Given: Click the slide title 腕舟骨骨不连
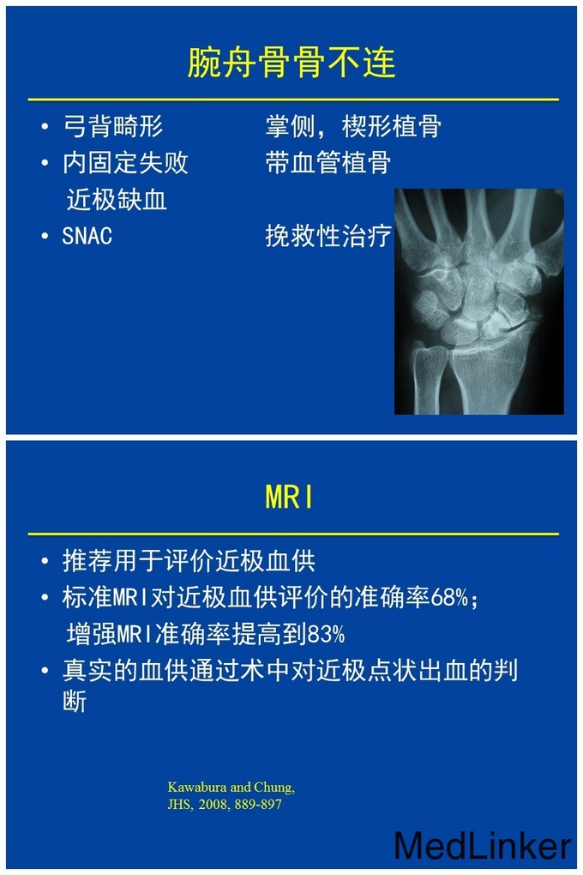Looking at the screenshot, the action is (x=291, y=62).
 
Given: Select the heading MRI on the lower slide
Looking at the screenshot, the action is (x=289, y=496).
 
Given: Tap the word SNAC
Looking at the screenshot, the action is (x=87, y=236).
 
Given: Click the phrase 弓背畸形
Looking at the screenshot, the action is (x=112, y=126).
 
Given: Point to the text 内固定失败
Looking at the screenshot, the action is (x=125, y=162).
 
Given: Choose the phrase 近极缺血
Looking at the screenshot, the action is (x=117, y=199).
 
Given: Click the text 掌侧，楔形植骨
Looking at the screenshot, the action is (x=354, y=126).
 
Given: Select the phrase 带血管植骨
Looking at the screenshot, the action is (x=328, y=162).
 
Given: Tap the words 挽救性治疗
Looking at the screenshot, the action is (x=328, y=236).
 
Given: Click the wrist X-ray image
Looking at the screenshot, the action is (x=478, y=301).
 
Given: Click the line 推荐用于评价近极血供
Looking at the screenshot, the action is (x=189, y=561).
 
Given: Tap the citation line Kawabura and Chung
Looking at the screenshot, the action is (x=231, y=787).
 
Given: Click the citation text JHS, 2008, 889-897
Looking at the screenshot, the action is (x=225, y=804).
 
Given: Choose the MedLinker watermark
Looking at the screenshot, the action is (x=483, y=846).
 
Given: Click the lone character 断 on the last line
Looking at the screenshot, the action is (x=75, y=701).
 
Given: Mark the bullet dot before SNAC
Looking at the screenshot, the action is (x=45, y=236).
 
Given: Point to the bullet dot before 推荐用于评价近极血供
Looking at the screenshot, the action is (x=45, y=561).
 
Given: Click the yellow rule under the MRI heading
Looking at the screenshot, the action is (x=293, y=534).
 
